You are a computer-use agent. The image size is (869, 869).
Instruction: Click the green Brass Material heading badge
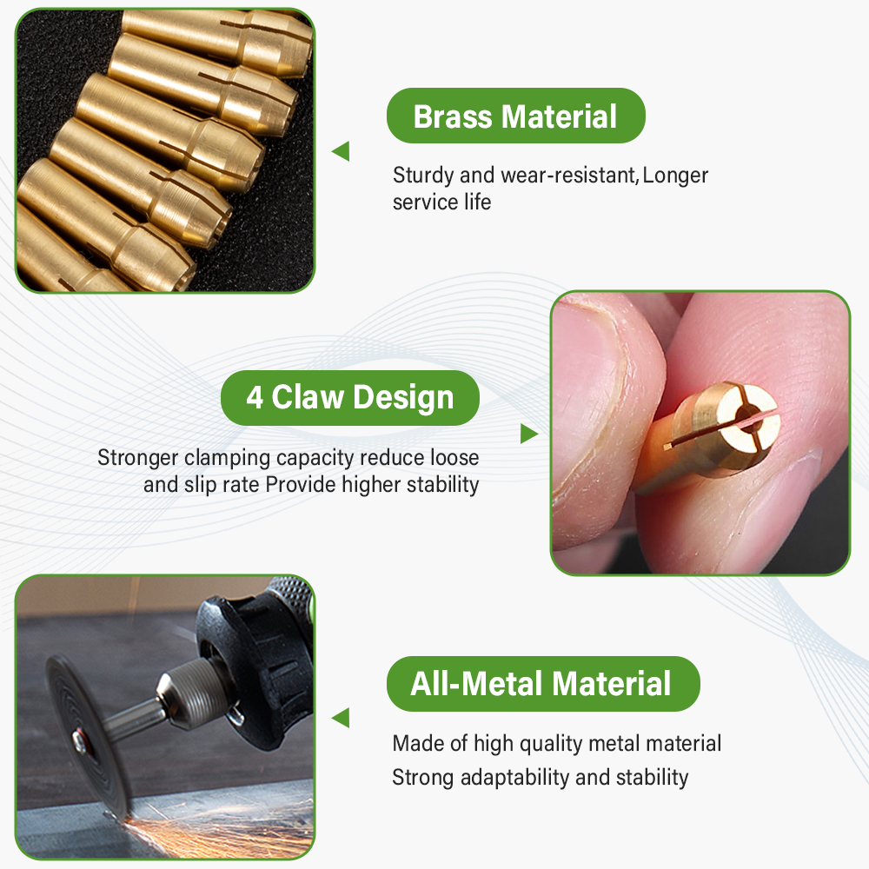coord(515,116)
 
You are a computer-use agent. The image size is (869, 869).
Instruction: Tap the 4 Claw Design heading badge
coord(349,398)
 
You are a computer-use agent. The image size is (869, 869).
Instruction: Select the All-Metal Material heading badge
coord(541,684)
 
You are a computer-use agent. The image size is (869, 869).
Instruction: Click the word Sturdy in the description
coord(424,176)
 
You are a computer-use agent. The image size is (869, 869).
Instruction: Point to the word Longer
coord(676,176)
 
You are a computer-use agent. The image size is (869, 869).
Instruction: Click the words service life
coord(441,202)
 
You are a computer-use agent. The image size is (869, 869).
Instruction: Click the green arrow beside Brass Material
coord(341,151)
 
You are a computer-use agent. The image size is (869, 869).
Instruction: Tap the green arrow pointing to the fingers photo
coord(528,433)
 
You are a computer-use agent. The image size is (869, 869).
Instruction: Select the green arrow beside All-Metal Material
coord(341,718)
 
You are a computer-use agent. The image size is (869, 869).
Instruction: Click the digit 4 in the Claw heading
coord(255,398)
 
